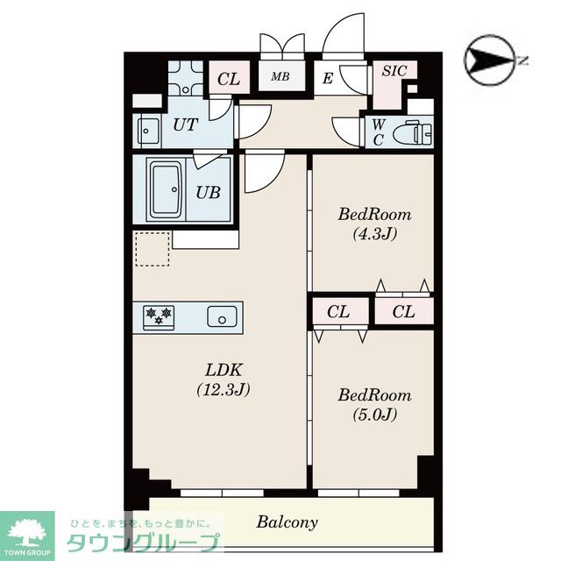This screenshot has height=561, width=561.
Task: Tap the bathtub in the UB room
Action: (x=167, y=189)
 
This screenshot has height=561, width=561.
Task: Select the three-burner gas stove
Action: (x=159, y=317)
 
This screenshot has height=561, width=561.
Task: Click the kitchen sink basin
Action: (x=222, y=316)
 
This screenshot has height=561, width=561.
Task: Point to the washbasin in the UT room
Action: (x=148, y=131)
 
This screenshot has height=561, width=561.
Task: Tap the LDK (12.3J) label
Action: (x=224, y=380)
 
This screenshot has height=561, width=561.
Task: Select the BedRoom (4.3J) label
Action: (x=374, y=224)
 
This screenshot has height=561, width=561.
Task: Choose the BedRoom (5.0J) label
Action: (x=374, y=405)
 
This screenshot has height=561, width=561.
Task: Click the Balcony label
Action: (x=287, y=522)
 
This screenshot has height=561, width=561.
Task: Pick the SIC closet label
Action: (x=394, y=71)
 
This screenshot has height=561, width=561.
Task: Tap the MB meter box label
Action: (x=280, y=76)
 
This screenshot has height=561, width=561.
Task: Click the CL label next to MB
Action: (x=229, y=79)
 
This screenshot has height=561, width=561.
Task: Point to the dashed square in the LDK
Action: (x=153, y=249)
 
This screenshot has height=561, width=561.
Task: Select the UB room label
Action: (x=208, y=193)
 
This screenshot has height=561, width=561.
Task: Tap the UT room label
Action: (x=186, y=124)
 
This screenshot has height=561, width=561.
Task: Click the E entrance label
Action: (x=327, y=79)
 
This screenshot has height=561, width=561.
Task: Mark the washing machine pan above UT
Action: (x=186, y=77)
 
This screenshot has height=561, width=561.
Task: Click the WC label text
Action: (x=378, y=132)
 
